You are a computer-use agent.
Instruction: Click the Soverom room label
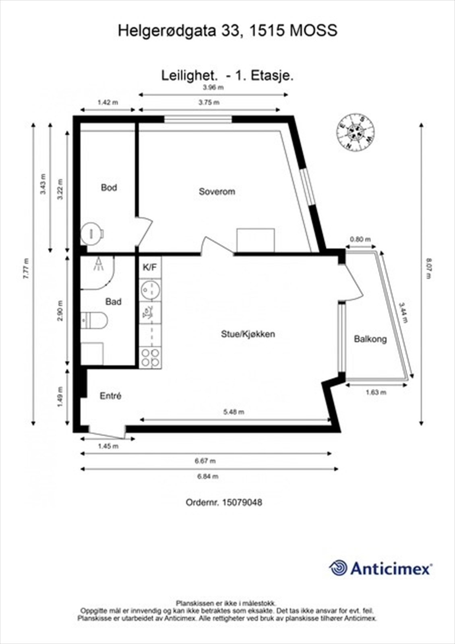click(x=217, y=192)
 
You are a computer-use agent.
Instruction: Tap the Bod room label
click(x=109, y=188)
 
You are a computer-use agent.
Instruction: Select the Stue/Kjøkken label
click(x=248, y=334)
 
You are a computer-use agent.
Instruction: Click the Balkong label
click(x=370, y=339)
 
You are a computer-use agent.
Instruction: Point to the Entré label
click(x=110, y=396)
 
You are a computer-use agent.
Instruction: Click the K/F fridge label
click(x=149, y=267)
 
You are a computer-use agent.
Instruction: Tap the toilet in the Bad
click(x=95, y=320)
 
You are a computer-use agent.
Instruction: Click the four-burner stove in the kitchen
click(x=151, y=357)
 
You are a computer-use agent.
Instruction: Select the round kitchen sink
click(x=150, y=289)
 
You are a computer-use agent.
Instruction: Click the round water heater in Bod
click(x=92, y=233)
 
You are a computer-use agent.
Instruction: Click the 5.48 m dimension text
click(x=234, y=412)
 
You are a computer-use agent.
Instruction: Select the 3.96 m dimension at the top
click(x=213, y=87)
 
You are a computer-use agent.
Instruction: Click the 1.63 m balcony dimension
click(x=376, y=392)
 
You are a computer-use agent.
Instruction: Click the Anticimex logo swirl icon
click(x=338, y=568)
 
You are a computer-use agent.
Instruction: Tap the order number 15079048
click(x=241, y=502)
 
